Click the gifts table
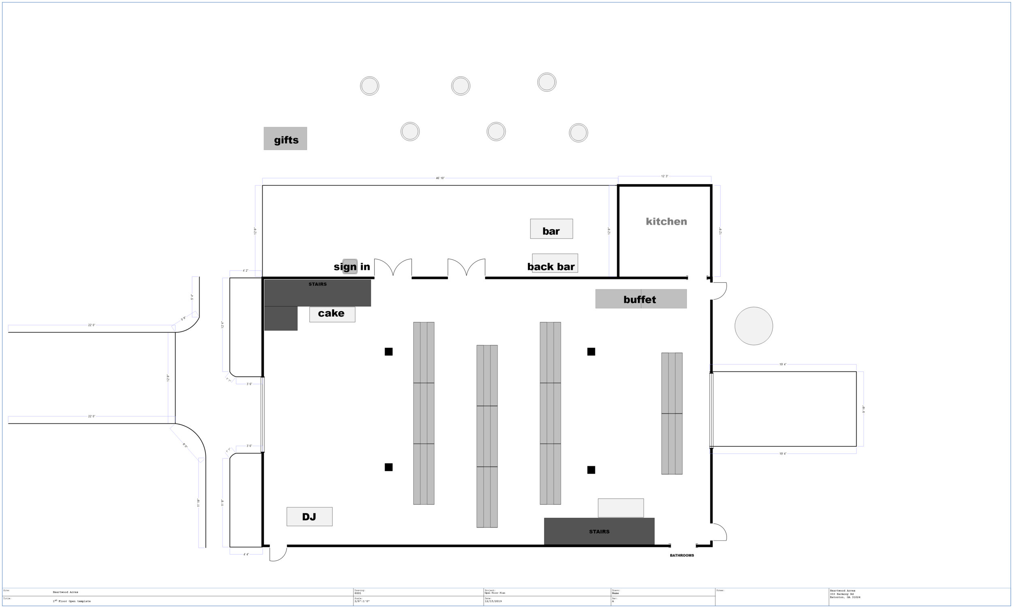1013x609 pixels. tap(285, 139)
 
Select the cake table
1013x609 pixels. tap(332, 314)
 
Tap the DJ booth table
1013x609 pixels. tap(309, 516)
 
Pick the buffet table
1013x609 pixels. tap(641, 299)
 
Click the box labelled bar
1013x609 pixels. tap(551, 229)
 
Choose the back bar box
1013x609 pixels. tap(555, 264)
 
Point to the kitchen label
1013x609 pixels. tap(666, 222)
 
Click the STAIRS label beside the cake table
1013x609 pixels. tap(317, 284)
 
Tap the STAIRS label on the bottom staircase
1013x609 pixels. tap(599, 532)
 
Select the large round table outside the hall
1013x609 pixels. tap(753, 326)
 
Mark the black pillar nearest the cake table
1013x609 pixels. tap(389, 352)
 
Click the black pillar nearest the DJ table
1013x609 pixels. tap(389, 467)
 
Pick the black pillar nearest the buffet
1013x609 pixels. tap(591, 352)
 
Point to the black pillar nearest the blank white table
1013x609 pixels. tap(591, 470)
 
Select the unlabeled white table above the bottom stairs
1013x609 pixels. tap(620, 508)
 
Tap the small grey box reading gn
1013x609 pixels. tap(350, 267)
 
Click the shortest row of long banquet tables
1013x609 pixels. tap(672, 413)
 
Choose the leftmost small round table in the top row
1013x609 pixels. tap(370, 86)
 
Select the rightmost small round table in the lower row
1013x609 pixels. tap(578, 133)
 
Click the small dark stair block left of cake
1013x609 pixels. tap(280, 318)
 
